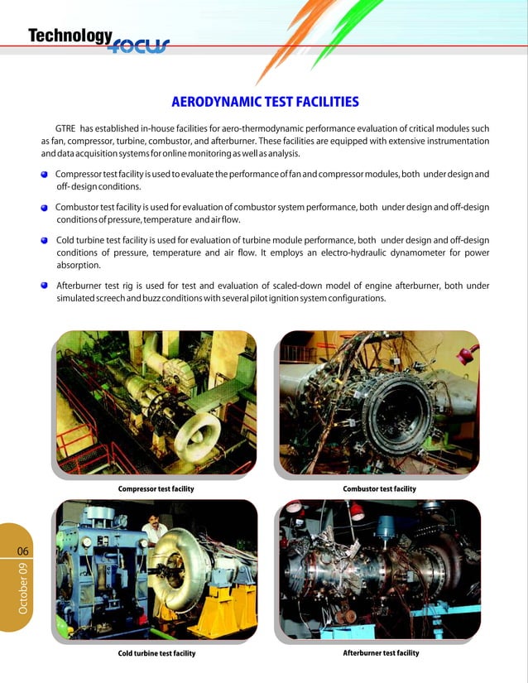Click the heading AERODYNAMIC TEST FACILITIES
pos(265,102)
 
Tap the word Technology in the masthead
pos(70,36)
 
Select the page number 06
pos(22,551)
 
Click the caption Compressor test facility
pos(156,489)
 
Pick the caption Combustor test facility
pos(379,489)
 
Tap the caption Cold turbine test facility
pos(156,654)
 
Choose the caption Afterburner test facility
pos(381,653)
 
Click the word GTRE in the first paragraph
pos(65,129)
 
